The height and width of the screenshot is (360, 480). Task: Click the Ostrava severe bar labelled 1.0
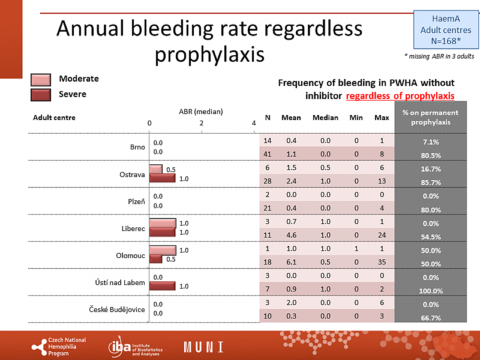[162, 178]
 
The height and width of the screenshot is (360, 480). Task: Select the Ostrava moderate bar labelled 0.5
[155, 169]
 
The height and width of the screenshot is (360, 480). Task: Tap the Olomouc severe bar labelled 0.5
[155, 259]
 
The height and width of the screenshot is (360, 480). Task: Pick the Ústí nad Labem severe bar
[162, 286]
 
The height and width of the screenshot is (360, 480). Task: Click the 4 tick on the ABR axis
[254, 123]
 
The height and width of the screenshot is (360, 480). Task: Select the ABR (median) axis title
[201, 112]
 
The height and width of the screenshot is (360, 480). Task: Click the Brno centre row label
[137, 147]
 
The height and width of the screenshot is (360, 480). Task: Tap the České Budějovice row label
[119, 309]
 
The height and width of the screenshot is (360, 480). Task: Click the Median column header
[325, 118]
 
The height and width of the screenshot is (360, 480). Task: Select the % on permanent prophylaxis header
[430, 118]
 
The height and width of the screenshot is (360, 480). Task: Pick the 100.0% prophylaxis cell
[430, 290]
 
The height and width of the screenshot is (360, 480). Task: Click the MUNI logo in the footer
[203, 347]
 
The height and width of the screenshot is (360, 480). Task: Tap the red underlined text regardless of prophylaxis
[400, 96]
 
